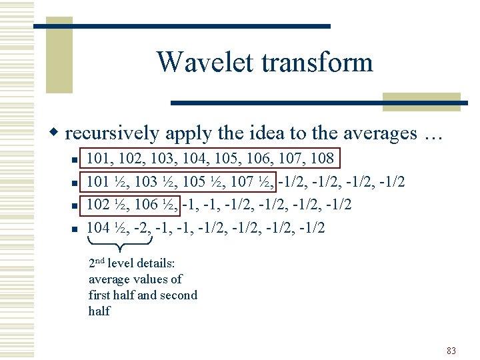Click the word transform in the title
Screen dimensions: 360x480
click(x=317, y=63)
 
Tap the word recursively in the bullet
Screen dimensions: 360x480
click(x=112, y=133)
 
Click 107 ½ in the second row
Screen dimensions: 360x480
click(x=255, y=182)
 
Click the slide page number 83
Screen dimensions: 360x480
click(x=451, y=351)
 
